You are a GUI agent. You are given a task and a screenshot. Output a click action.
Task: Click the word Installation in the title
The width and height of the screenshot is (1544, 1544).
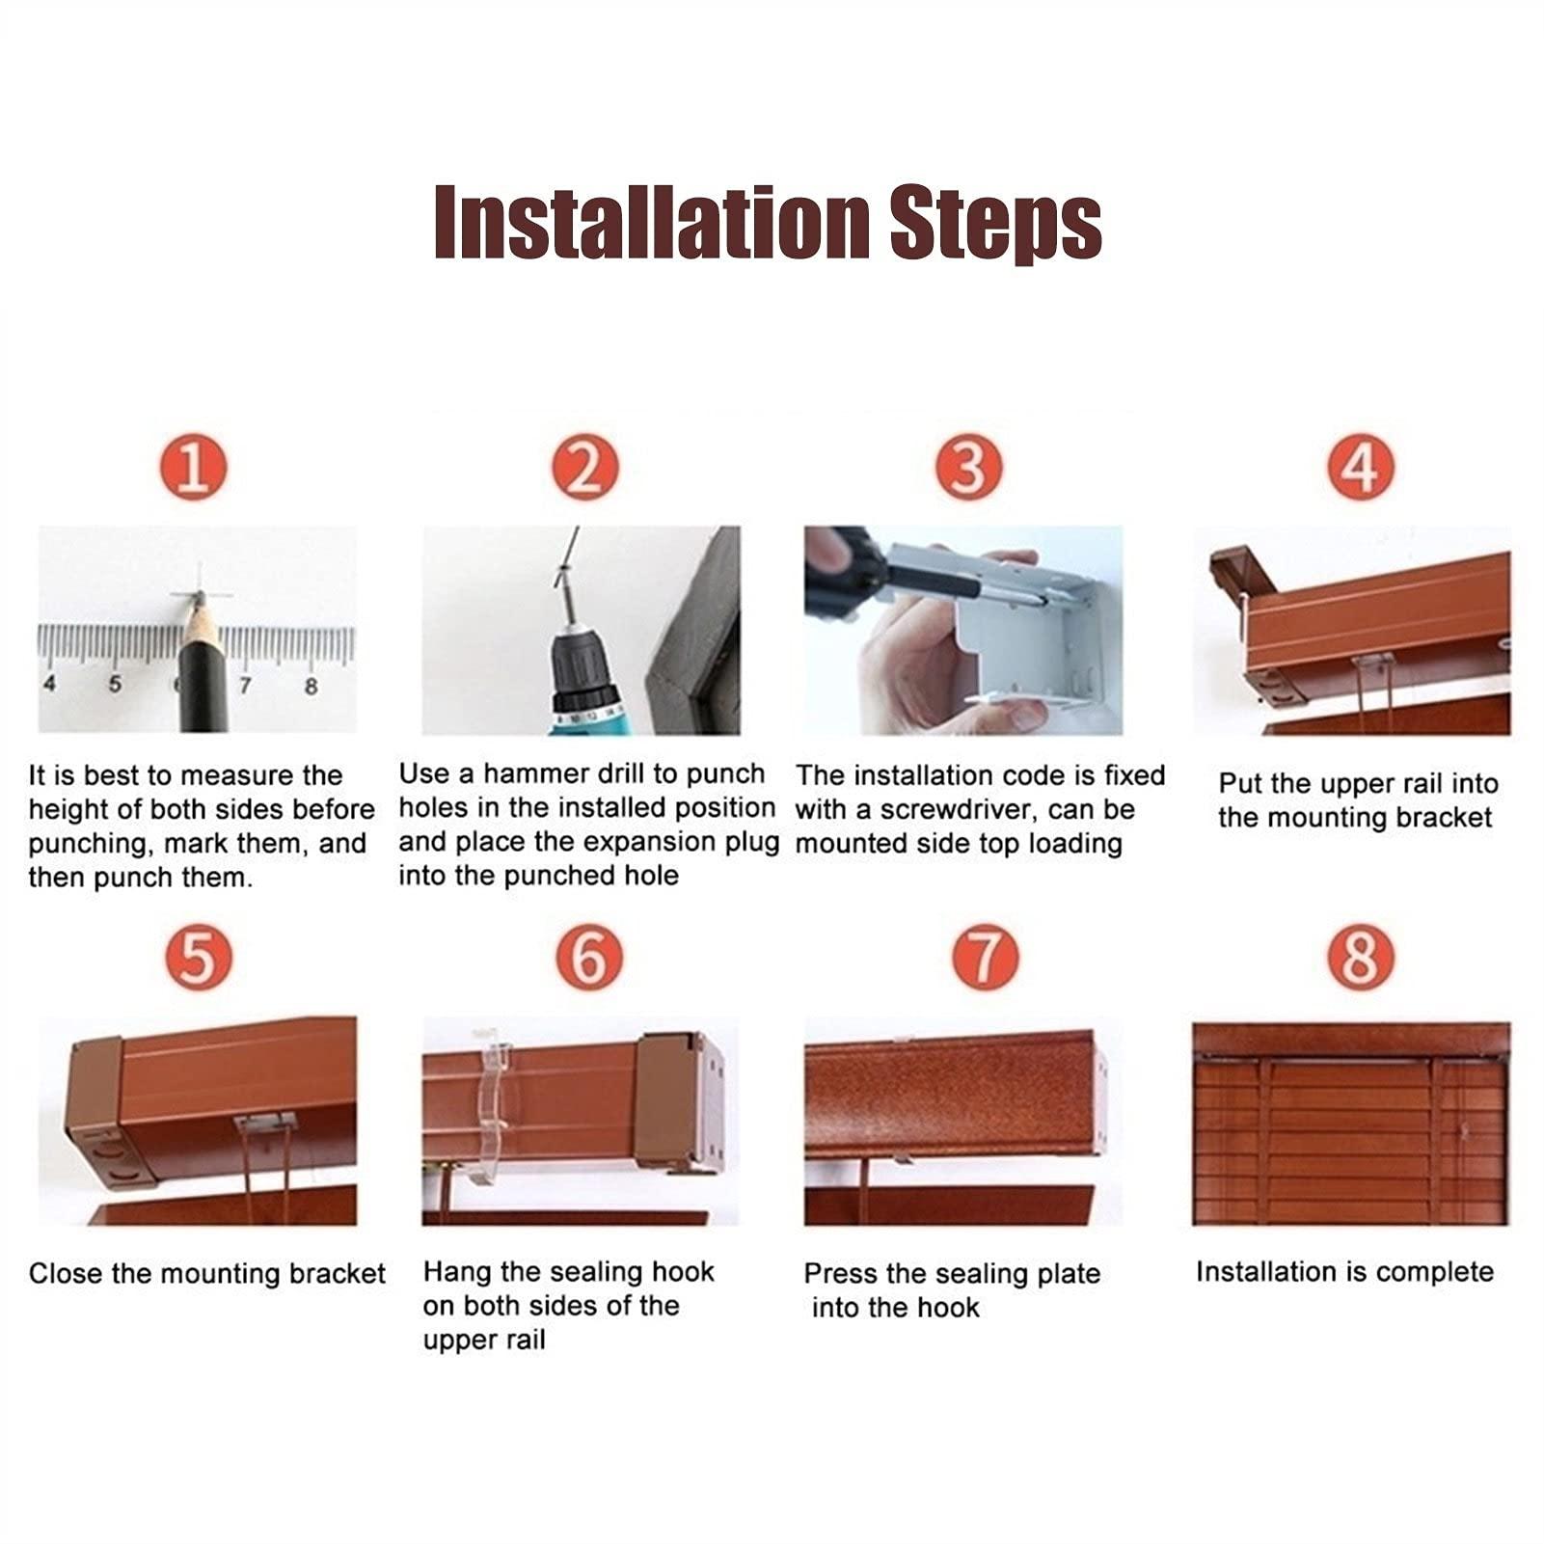coord(652,223)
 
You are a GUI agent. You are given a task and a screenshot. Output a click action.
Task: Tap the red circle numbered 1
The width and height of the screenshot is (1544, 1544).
coord(194,468)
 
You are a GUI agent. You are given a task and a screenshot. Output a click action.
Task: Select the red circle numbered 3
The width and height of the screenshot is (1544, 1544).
coord(969,468)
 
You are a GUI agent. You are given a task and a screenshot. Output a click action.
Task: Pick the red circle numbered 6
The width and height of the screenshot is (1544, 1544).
coord(589,958)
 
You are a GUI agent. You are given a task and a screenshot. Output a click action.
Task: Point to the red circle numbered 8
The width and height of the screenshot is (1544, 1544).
coord(1361,958)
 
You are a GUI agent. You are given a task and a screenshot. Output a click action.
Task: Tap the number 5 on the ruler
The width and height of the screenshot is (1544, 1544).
coord(115,685)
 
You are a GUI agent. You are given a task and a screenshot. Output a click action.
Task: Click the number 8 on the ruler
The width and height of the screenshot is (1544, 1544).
coord(311,687)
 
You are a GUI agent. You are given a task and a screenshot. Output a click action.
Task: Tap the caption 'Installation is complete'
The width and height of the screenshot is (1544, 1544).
coord(1344,1272)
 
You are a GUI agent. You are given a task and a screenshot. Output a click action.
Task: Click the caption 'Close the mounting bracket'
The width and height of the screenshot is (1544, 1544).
coord(207,1274)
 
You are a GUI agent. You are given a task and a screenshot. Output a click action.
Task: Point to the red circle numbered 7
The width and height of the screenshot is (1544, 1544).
coord(985,958)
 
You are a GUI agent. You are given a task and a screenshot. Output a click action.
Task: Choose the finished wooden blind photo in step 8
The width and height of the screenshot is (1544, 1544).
coord(1351,1124)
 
